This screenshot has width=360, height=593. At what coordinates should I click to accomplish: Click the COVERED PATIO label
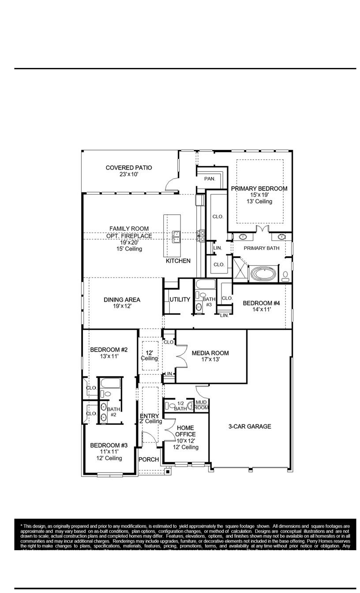pyautogui.click(x=129, y=168)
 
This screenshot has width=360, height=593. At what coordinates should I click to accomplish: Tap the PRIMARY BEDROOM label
pyautogui.click(x=259, y=188)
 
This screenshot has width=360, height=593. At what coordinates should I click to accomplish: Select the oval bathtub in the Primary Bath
pyautogui.click(x=264, y=274)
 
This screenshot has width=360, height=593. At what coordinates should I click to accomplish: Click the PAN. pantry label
pyautogui.click(x=210, y=179)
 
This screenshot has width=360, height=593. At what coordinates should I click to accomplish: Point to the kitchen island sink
pyautogui.click(x=176, y=236)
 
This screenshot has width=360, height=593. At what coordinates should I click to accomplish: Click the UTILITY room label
pyautogui.click(x=180, y=300)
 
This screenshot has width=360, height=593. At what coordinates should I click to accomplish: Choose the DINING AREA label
pyautogui.click(x=122, y=300)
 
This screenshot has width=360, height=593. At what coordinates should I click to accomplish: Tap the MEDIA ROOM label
pyautogui.click(x=210, y=353)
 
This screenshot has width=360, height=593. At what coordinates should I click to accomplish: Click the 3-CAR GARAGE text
pyautogui.click(x=250, y=426)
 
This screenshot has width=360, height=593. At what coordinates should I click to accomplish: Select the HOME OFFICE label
pyautogui.click(x=185, y=431)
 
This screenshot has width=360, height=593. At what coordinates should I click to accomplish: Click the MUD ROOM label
pyautogui.click(x=202, y=405)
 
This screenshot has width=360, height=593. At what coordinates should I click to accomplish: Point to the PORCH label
pyautogui.click(x=149, y=459)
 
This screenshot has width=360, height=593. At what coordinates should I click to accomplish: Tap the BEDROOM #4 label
pyautogui.click(x=262, y=303)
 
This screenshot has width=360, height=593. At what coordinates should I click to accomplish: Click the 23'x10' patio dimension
pyautogui.click(x=129, y=175)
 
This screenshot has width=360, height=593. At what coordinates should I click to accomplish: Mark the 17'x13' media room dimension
pyautogui.click(x=210, y=360)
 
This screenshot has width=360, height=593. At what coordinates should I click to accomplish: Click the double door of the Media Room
pyautogui.click(x=181, y=357)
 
